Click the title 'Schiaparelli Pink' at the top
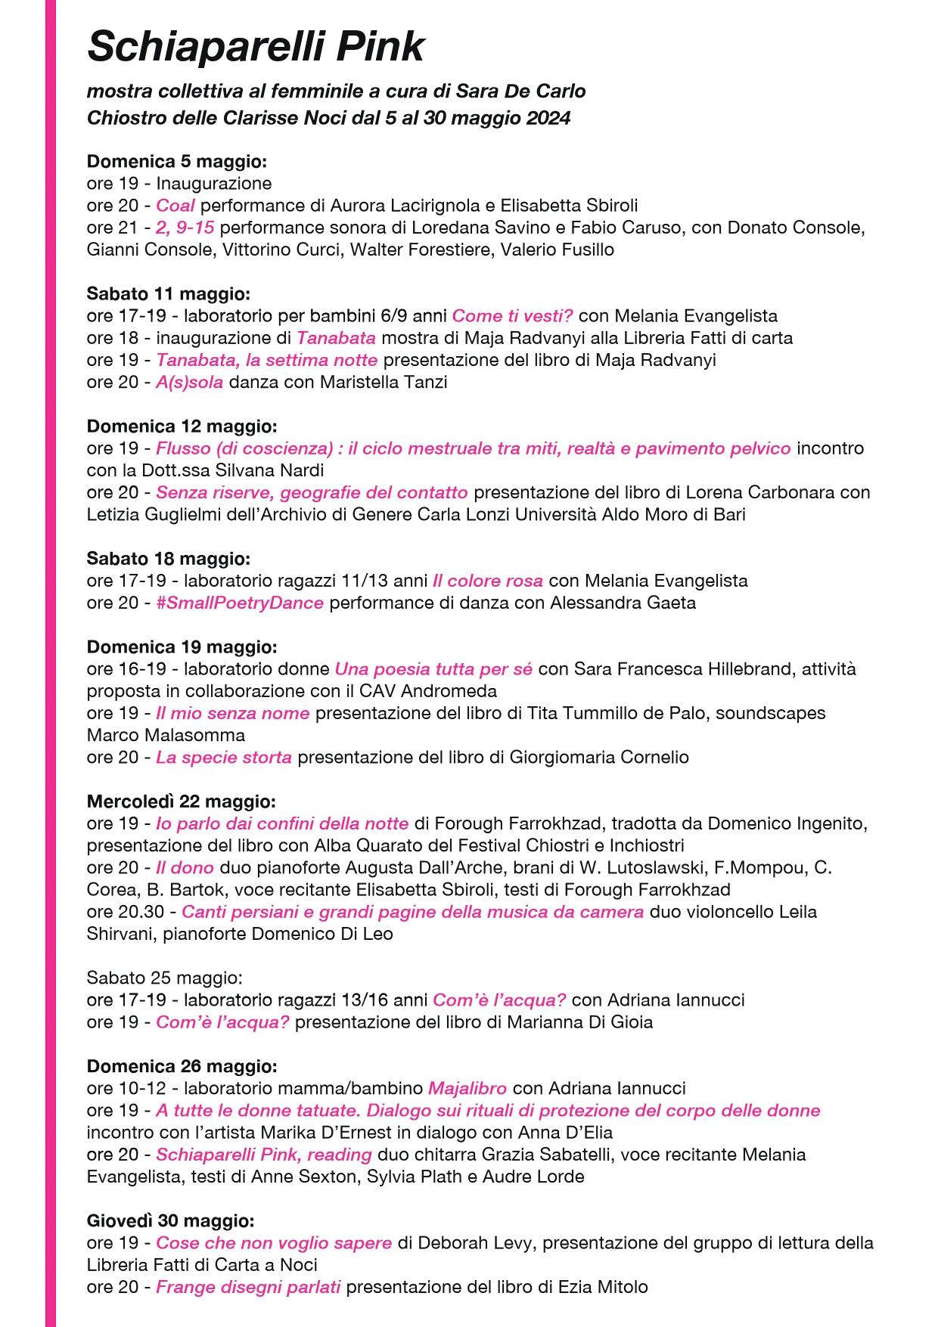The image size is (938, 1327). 256,47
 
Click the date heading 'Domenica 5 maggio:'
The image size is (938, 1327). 177,161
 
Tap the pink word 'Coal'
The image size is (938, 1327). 175,206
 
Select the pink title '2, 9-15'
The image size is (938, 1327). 185,228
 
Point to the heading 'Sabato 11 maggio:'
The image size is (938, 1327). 168,293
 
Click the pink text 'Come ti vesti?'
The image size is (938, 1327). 512,316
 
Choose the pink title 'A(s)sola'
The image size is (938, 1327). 189,383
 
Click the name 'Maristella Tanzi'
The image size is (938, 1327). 384,383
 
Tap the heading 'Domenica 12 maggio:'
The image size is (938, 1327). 182,426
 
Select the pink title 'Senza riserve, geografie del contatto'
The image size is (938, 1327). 312,493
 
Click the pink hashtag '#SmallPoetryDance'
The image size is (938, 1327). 240,603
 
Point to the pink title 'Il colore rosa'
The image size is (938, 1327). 488,581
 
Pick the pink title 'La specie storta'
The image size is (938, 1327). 224,758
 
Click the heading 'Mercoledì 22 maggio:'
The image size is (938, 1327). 182,801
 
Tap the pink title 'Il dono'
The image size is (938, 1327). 185,868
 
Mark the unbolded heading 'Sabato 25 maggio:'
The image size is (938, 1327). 164,978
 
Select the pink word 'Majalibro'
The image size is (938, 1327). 467,1089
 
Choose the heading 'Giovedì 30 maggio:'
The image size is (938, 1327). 170,1221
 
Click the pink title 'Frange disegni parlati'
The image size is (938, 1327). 248,1288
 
